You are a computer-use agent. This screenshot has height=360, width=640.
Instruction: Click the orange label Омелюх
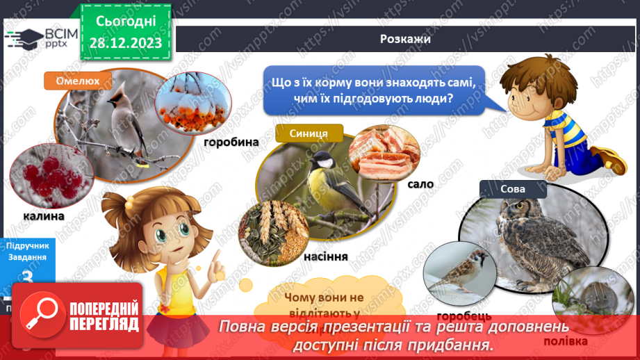77,81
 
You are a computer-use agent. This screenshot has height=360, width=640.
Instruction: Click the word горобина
231,142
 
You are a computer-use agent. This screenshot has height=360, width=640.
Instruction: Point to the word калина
42,216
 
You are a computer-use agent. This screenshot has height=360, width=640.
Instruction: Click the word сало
421,184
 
